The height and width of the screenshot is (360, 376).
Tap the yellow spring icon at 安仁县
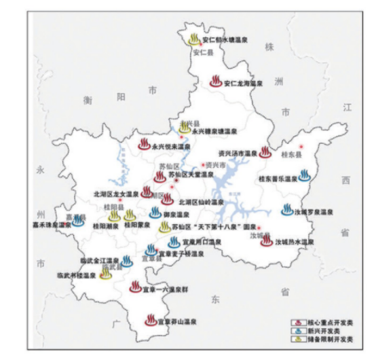[195, 39]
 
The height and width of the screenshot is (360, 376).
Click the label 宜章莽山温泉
[178, 320]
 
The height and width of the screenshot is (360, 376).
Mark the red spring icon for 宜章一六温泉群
[135, 287]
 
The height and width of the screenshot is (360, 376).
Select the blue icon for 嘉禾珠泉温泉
[78, 221]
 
